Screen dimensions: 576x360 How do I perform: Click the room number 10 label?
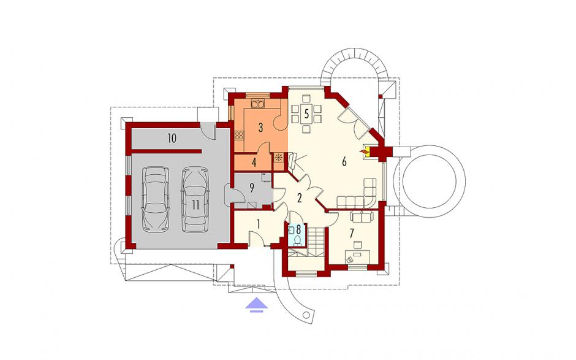pyautogui.click(x=172, y=138)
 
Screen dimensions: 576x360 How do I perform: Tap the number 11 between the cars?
pyautogui.click(x=195, y=205)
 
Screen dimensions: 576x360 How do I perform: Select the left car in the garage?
pyautogui.click(x=156, y=199)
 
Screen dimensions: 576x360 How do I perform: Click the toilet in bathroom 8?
pyautogui.click(x=297, y=240)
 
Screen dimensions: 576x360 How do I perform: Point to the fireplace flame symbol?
pyautogui.click(x=364, y=151)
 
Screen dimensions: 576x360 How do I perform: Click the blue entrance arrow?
pyautogui.click(x=257, y=305)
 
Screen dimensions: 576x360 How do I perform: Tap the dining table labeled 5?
pyautogui.click(x=306, y=114)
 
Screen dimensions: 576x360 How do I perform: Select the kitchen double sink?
pyautogui.click(x=257, y=103)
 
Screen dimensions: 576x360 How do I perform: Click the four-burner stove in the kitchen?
pyautogui.click(x=239, y=136)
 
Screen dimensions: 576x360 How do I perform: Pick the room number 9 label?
pyautogui.click(x=252, y=188)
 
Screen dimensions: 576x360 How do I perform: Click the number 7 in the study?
pyautogui.click(x=352, y=233)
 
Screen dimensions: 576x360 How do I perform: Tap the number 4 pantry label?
pyautogui.click(x=254, y=163)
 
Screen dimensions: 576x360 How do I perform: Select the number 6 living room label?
pyautogui.click(x=344, y=161)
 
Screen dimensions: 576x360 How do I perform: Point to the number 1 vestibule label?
pyautogui.click(x=259, y=224)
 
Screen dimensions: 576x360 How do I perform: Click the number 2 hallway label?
pyautogui.click(x=300, y=198)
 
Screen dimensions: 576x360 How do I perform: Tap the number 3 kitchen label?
pyautogui.click(x=261, y=128)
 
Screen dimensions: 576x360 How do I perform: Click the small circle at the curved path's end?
pyautogui.click(x=306, y=315)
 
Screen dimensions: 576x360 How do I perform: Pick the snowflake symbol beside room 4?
pyautogui.click(x=278, y=158)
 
